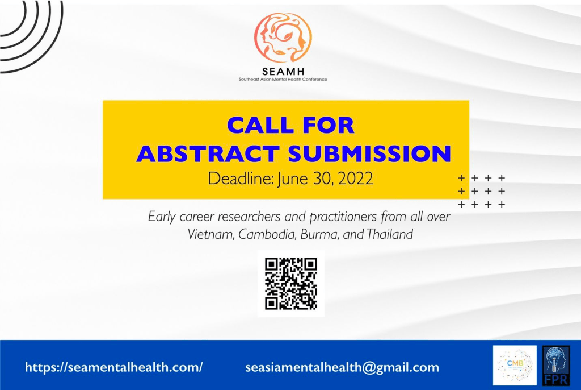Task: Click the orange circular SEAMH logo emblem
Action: (283, 38)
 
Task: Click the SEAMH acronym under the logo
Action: (283, 71)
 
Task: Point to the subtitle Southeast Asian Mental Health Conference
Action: (283, 79)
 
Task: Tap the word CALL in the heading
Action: (256, 125)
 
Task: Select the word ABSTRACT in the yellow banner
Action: (208, 153)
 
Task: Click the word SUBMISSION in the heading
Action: (369, 153)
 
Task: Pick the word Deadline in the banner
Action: (241, 179)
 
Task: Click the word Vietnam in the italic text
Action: (211, 234)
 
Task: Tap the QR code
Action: (291, 284)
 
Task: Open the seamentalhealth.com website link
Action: (113, 367)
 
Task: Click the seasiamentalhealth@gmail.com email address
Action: (342, 367)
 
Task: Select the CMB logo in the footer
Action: (515, 365)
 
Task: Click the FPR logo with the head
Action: (556, 365)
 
